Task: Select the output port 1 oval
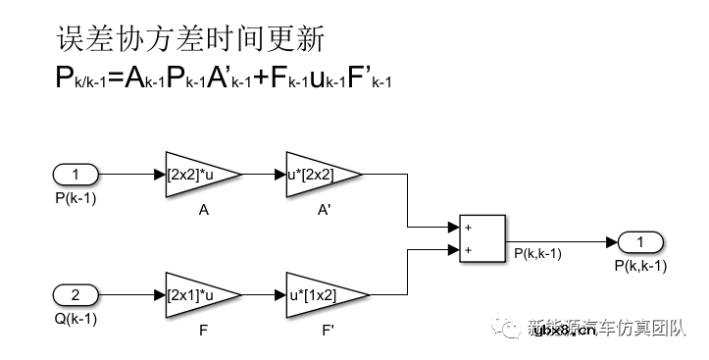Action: click(x=640, y=242)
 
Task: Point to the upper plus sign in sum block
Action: click(x=470, y=228)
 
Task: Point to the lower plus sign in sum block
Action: click(x=470, y=250)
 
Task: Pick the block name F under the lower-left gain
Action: click(x=203, y=329)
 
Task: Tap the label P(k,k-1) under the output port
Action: click(x=641, y=266)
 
